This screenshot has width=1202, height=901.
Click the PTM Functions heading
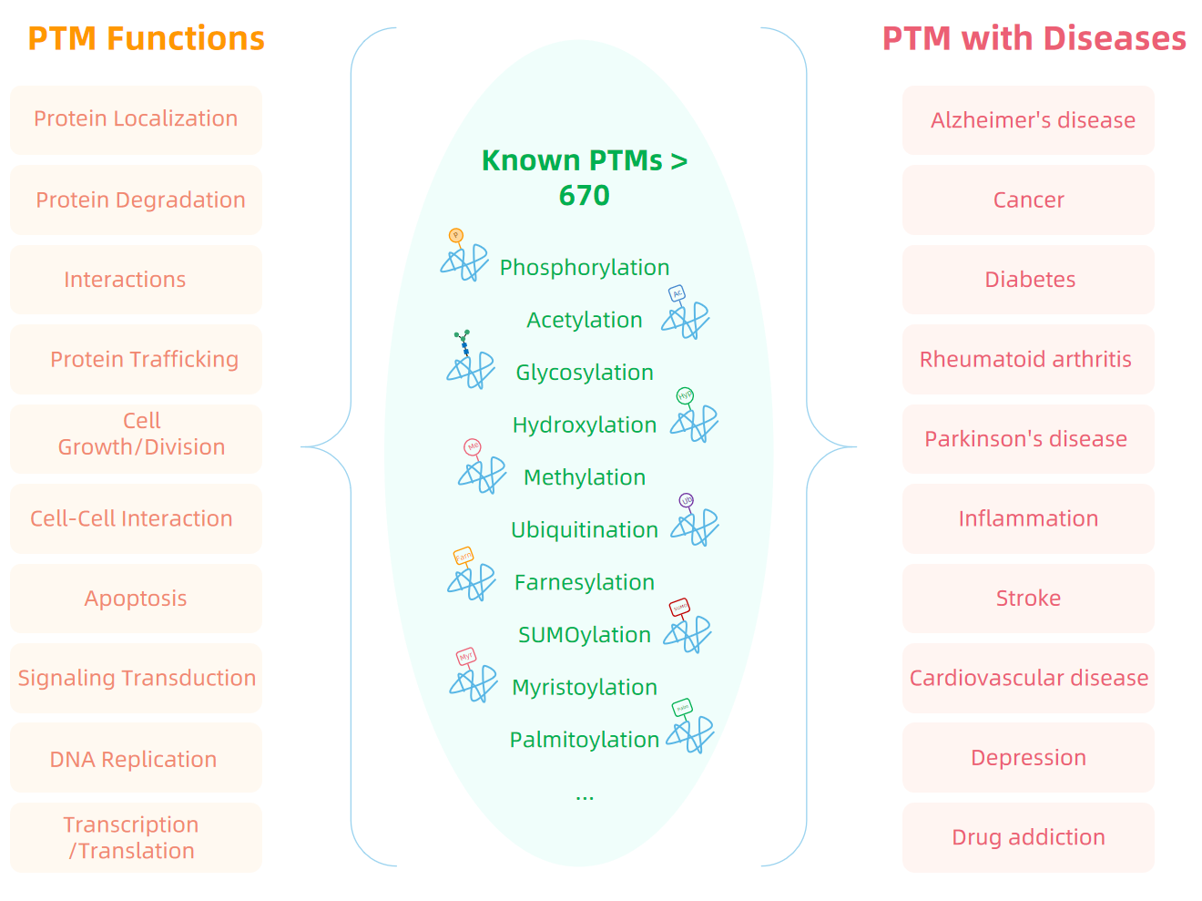146,38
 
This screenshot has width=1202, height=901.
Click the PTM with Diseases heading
1034,38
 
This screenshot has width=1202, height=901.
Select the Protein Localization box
136,119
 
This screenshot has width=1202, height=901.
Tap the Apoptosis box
136,599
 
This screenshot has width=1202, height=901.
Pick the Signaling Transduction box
137,678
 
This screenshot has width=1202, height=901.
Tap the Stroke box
1028,599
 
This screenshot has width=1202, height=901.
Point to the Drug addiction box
1028,837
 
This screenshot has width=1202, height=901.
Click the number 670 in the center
584,195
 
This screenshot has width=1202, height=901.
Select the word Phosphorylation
585,268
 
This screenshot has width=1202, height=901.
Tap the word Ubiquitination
585,530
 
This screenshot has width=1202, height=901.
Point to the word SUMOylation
585,635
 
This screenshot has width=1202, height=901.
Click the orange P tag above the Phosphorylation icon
456,236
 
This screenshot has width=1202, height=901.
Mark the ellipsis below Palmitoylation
585,796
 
